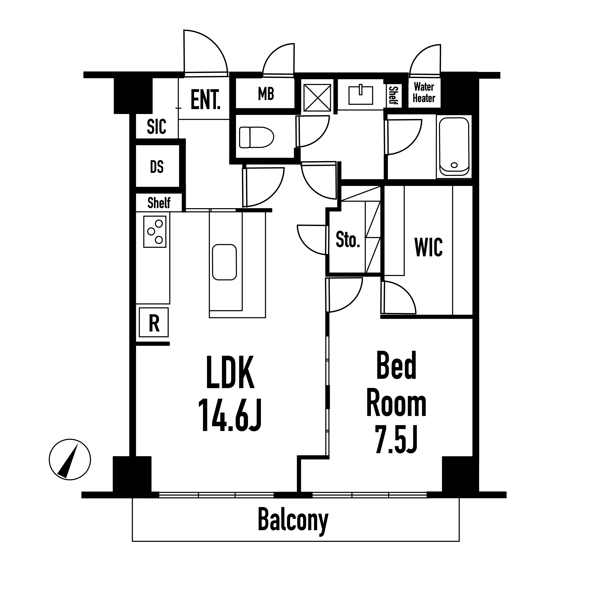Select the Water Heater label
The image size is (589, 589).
click(424, 93)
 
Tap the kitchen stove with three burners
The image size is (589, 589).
click(155, 231)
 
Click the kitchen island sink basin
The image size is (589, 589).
click(224, 262)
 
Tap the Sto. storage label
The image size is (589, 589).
click(347, 240)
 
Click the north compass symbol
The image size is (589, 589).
click(70, 459)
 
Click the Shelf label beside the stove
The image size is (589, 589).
click(159, 203)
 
